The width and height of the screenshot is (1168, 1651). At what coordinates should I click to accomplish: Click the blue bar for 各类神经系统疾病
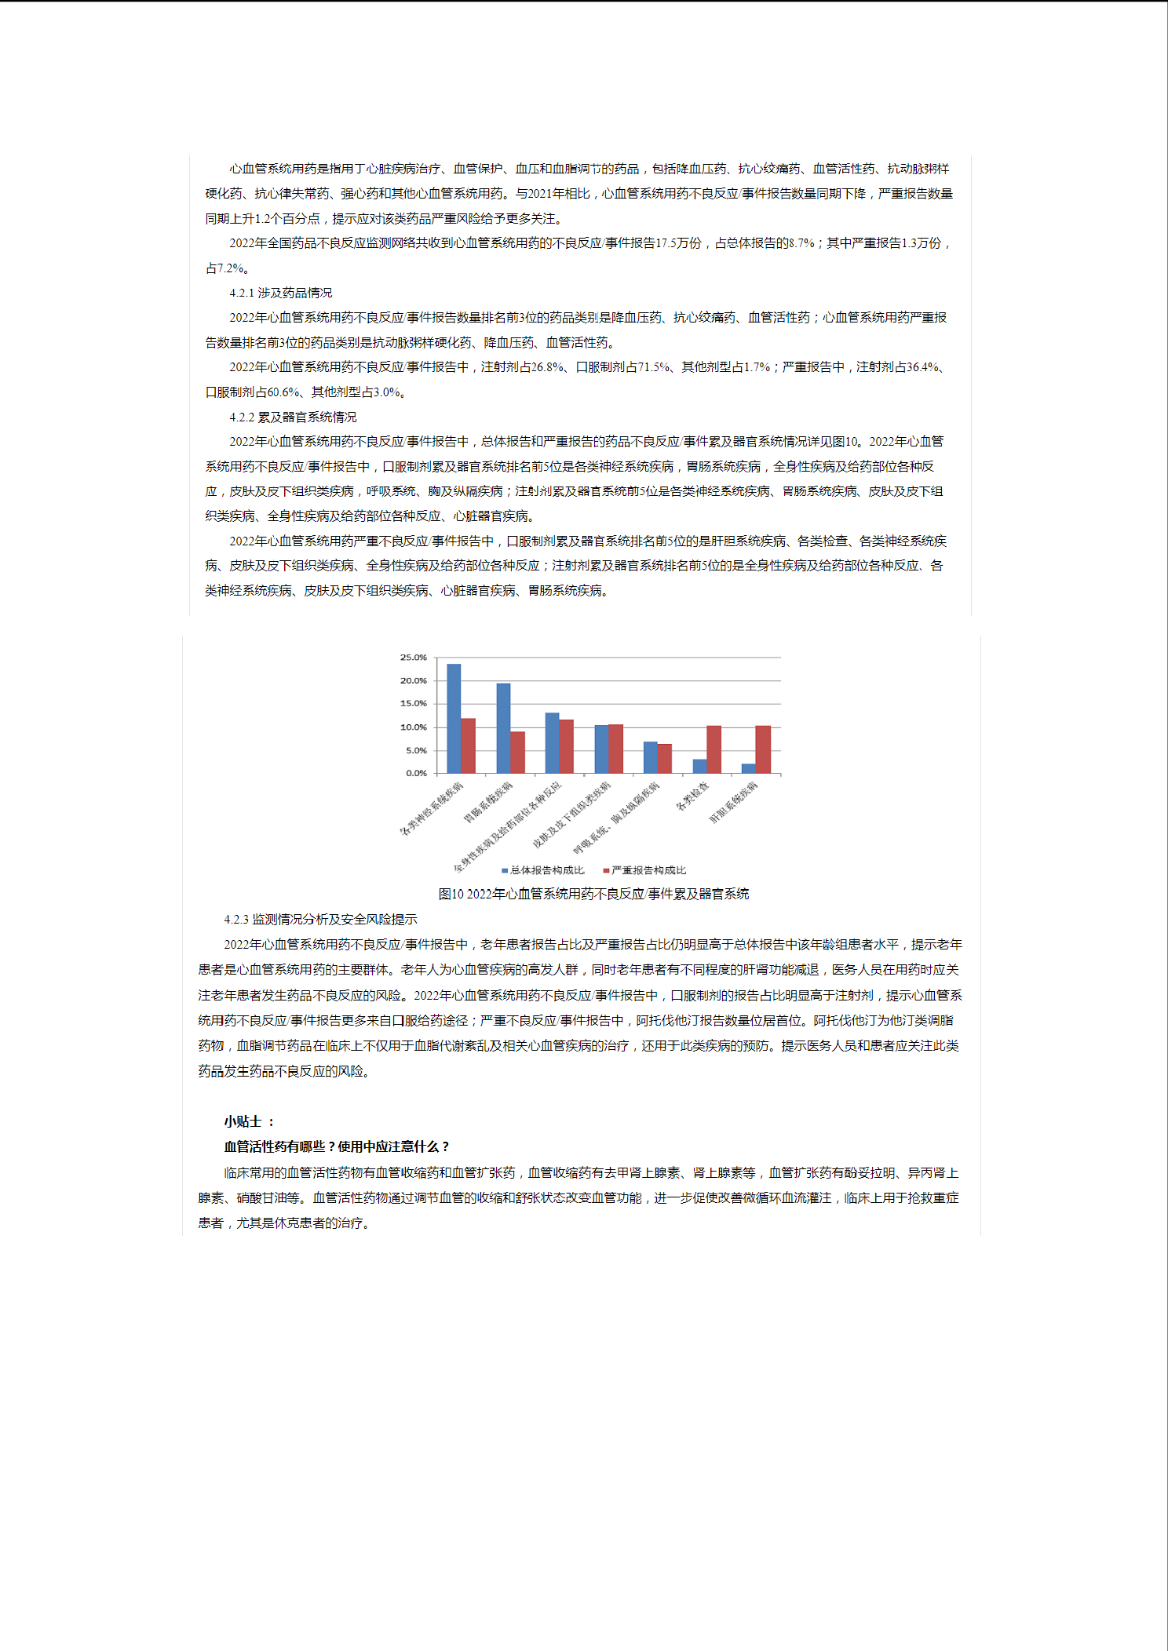[x=454, y=718]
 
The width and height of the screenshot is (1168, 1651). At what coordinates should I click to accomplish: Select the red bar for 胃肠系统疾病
[x=517, y=752]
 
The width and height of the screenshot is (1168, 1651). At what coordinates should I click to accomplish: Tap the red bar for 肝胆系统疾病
[x=763, y=749]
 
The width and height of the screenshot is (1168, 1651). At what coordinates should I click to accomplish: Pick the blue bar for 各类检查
[x=699, y=766]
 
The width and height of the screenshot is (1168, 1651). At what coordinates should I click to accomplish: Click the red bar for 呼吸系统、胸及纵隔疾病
[x=665, y=758]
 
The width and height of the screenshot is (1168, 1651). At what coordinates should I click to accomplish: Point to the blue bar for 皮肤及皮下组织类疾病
[x=601, y=749]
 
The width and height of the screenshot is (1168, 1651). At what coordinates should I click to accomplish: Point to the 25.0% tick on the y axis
[x=414, y=658]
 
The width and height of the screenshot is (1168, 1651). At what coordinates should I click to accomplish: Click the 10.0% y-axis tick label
[x=414, y=727]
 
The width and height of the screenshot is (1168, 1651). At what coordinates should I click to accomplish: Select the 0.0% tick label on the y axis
[x=416, y=773]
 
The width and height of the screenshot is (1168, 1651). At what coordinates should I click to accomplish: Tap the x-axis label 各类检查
[x=692, y=796]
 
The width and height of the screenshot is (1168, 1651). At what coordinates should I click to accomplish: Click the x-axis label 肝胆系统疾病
[x=734, y=802]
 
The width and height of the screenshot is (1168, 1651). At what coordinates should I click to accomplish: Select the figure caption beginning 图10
[x=593, y=894]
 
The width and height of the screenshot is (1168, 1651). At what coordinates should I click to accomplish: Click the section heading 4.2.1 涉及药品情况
[x=280, y=293]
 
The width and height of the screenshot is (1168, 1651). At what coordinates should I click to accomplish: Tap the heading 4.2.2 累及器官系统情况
[x=293, y=417]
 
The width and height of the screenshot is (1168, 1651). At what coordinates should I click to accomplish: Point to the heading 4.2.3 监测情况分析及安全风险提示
[x=320, y=920]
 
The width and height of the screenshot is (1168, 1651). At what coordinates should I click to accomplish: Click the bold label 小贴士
[x=243, y=1121]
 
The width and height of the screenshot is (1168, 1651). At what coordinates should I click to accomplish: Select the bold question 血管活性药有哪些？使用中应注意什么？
[x=337, y=1146]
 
